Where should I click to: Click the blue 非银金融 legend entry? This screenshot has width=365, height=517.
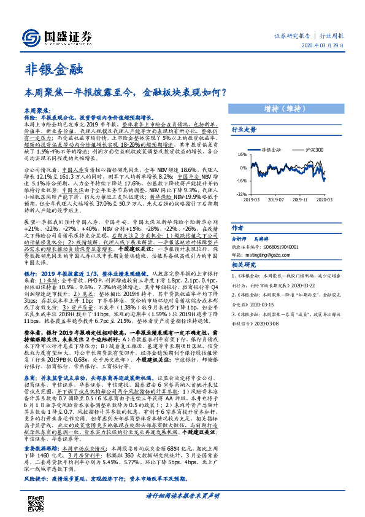[x=271, y=149]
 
